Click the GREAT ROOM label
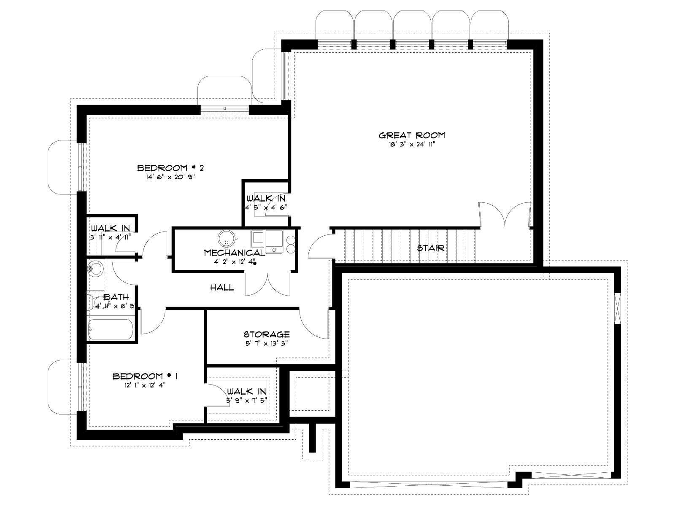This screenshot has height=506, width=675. click(411, 135)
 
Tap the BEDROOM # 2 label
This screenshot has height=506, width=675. click(170, 168)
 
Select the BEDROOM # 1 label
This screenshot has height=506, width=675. click(145, 376)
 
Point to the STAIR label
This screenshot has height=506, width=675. click(431, 248)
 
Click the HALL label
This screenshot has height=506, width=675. click(222, 287)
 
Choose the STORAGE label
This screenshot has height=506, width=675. click(267, 334)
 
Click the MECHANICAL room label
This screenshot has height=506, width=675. click(234, 253)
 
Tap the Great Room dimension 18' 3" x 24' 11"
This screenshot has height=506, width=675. click(411, 144)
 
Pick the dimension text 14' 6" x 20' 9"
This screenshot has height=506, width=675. click(170, 177)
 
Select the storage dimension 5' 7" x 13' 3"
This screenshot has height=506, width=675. click(267, 343)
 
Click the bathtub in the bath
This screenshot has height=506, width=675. click(111, 329)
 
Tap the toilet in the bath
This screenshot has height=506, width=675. click(95, 303)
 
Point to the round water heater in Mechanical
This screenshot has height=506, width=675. click(227, 238)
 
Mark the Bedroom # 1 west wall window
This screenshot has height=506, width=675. click(81, 387)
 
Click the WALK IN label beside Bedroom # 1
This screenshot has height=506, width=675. click(247, 391)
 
